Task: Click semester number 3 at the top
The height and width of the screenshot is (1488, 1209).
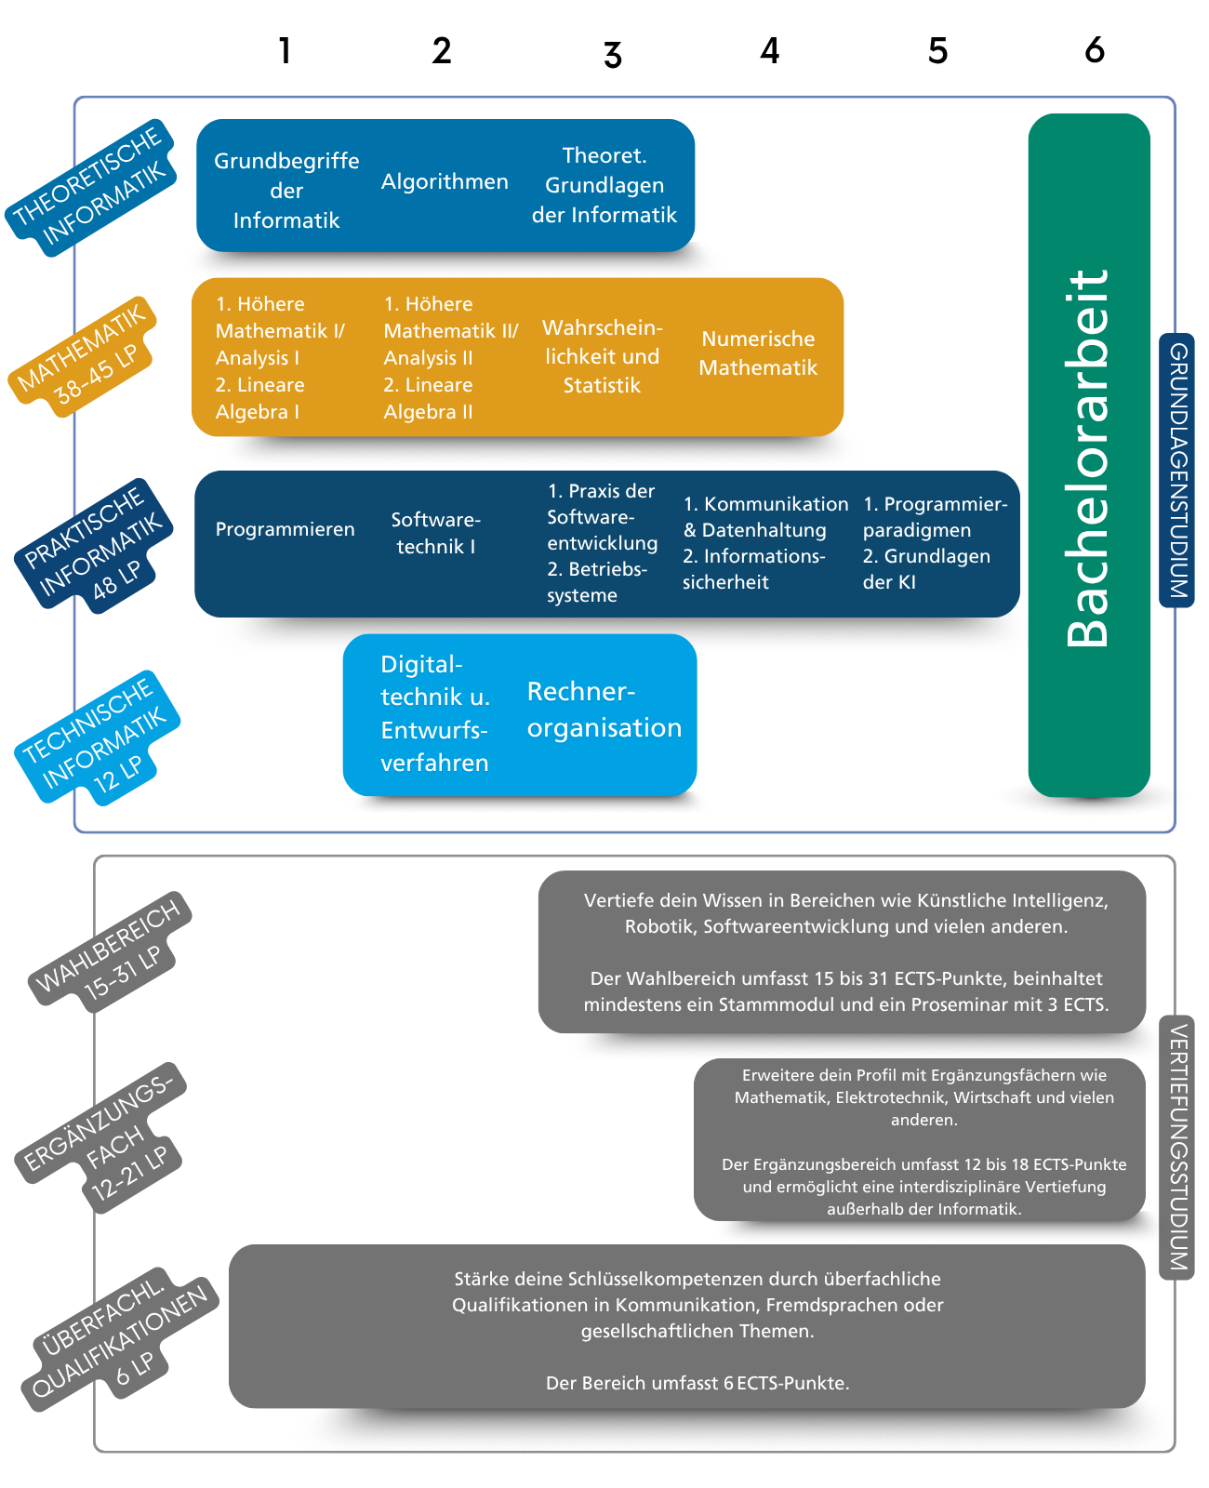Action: pos(612,55)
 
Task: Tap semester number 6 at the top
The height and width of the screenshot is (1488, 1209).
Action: pos(1095,50)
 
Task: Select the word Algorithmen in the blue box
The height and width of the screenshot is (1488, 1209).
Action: pos(445,182)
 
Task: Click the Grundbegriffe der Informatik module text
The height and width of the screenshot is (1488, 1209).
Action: pos(286,191)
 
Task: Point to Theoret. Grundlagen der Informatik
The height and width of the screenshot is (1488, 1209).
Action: pos(604,185)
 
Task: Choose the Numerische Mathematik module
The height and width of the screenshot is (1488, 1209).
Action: pos(758,353)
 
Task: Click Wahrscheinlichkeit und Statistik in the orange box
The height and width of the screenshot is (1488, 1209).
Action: pos(602,356)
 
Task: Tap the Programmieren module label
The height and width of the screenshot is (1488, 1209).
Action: pos(285,529)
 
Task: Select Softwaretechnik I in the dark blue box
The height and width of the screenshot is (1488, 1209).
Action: pos(435,533)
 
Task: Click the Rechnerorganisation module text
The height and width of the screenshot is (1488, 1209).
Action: pos(604,710)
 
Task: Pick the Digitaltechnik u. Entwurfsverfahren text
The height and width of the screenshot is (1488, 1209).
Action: pos(434,713)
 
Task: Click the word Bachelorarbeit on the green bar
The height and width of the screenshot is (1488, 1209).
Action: pos(1088,458)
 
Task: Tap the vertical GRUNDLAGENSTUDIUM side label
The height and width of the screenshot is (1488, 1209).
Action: pos(1176,471)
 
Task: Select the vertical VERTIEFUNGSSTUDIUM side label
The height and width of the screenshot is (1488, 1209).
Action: pos(1176,1148)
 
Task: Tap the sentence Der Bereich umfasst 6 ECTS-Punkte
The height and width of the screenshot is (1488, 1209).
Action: pos(697,1383)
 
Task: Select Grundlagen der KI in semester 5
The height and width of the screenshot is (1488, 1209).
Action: pos(925,569)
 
